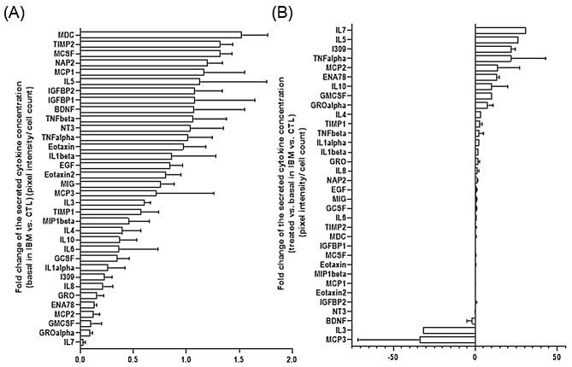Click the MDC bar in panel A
[x=161, y=35]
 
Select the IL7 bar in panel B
[x=500, y=31]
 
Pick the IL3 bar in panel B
[x=449, y=330]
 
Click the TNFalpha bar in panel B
[x=494, y=58]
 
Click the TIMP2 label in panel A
[x=58, y=44]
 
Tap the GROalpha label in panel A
[x=53, y=333]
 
